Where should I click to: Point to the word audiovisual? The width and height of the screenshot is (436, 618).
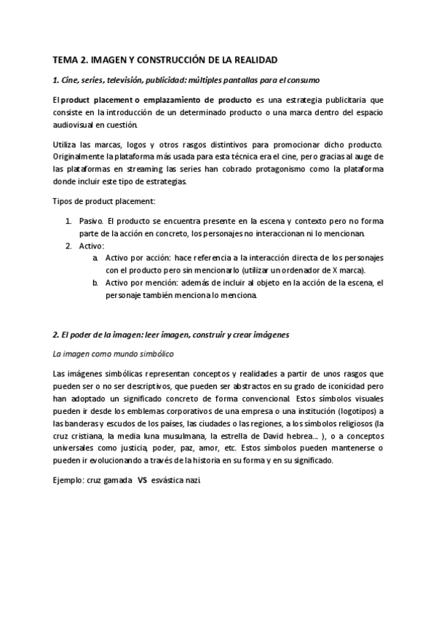tap(76, 125)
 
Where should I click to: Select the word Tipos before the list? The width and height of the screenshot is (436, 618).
tap(66, 200)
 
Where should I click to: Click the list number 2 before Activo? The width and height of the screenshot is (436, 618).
tap(68, 246)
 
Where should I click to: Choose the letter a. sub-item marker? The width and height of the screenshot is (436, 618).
tap(95, 258)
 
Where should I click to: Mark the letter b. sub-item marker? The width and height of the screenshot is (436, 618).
tap(95, 283)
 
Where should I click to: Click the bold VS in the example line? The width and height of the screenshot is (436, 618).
tap(143, 481)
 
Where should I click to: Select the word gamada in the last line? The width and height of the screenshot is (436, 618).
tap(116, 481)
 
